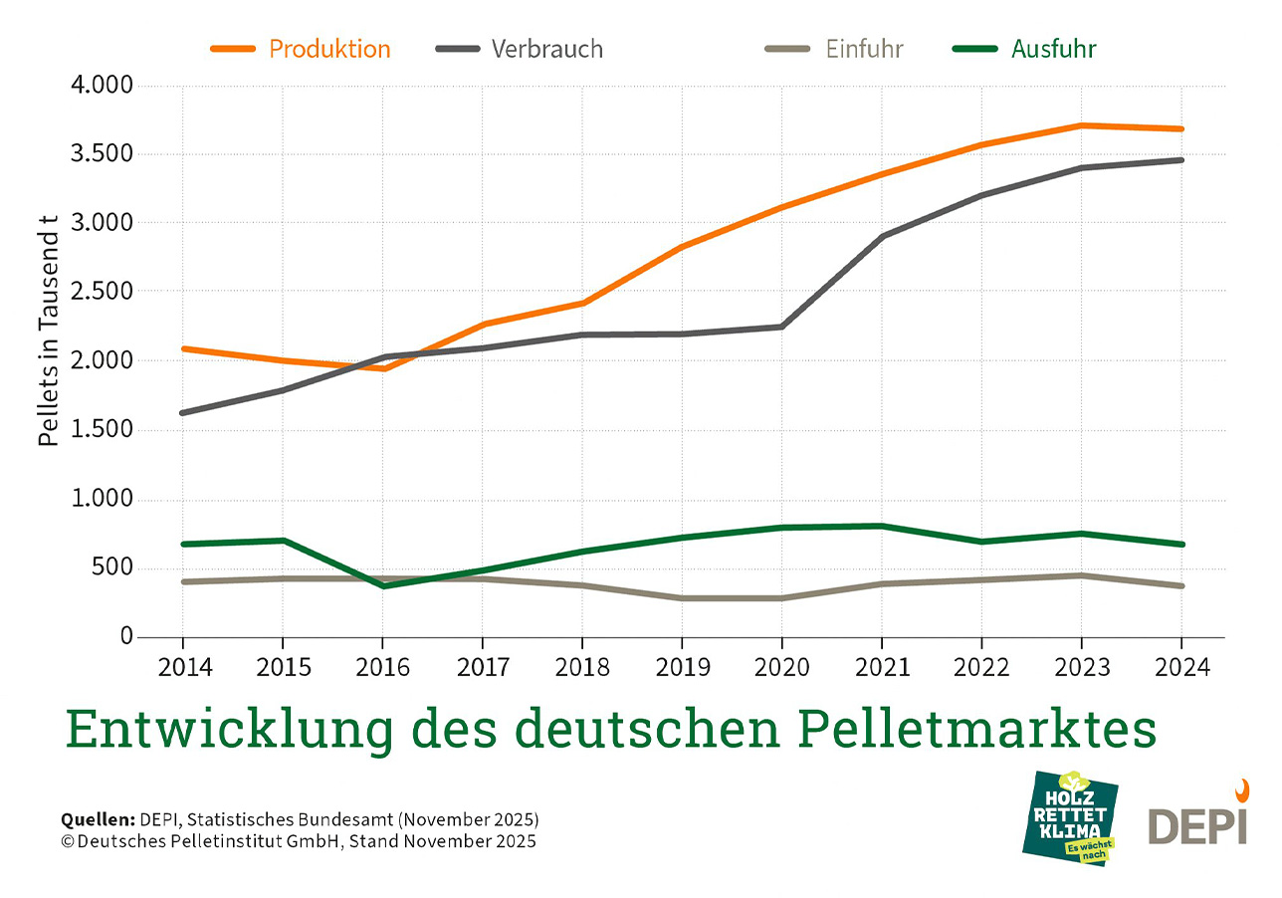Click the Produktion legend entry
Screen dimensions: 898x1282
tap(301, 49)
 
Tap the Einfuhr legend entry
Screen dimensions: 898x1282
tap(836, 49)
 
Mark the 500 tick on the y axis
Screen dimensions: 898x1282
tap(111, 568)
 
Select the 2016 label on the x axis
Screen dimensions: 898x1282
tap(382, 668)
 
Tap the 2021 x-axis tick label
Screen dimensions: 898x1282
tap(882, 668)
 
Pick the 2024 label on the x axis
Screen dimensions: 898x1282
tap(1181, 668)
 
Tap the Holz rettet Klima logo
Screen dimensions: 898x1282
tap(1070, 816)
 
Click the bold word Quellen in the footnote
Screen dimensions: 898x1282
tap(97, 820)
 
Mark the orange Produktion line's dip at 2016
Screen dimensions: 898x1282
tap(382, 368)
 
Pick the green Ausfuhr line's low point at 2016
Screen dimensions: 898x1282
tap(382, 585)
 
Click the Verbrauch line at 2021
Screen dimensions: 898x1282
tap(882, 237)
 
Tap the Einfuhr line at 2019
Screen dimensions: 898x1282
tap(682, 598)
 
